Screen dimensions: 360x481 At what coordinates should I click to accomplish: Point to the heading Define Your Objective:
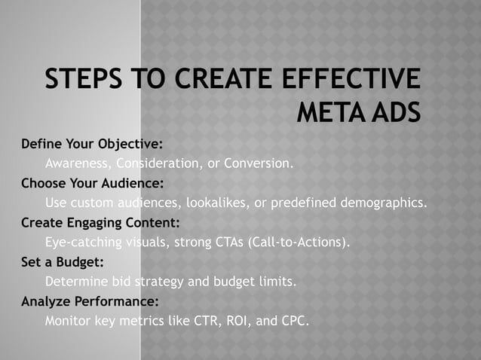pyautogui.click(x=92, y=143)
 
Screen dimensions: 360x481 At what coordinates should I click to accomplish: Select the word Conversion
pyautogui.click(x=258, y=162)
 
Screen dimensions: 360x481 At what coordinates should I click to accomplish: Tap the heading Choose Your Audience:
pyautogui.click(x=92, y=182)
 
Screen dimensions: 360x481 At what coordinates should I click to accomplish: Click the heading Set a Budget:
pyautogui.click(x=63, y=262)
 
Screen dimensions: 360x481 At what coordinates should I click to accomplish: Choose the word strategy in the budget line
pyautogui.click(x=159, y=282)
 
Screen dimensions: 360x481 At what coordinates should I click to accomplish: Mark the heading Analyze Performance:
pyautogui.click(x=90, y=302)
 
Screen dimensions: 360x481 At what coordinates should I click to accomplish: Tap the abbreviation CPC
pyautogui.click(x=294, y=322)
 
